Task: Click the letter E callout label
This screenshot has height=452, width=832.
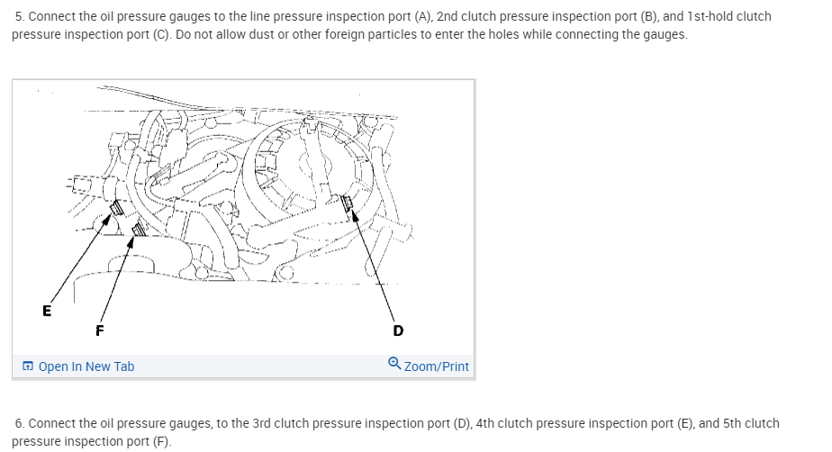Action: [x=47, y=312]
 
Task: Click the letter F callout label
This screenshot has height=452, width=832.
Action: [x=99, y=330]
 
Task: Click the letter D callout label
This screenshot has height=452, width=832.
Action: [x=398, y=330]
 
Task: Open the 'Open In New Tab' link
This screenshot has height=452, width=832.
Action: [x=86, y=366]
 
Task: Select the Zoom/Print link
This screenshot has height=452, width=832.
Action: [x=437, y=366]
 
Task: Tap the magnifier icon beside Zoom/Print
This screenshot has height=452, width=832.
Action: [x=394, y=364]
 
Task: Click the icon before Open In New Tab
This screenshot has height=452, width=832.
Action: [x=28, y=366]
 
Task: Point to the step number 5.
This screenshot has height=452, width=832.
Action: [x=20, y=16]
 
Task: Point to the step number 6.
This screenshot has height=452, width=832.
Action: [x=20, y=422]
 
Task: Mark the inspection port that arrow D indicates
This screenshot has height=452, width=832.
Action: [x=348, y=207]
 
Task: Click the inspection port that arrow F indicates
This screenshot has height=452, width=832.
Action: [x=137, y=232]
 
